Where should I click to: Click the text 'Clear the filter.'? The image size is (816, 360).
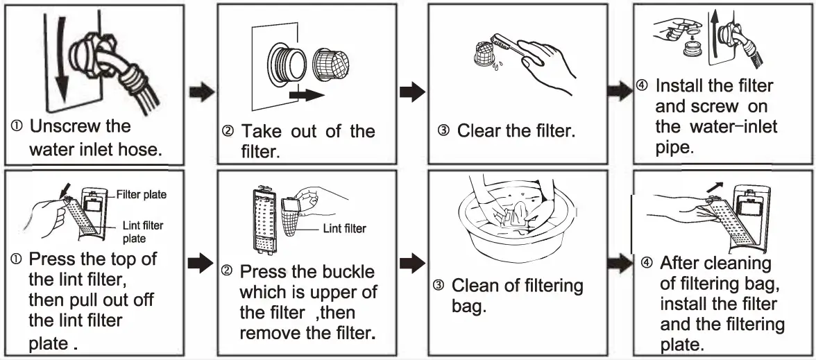pos(516,131)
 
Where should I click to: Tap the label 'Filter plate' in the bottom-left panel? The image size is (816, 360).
pos(142,195)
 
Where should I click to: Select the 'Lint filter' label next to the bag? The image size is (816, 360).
pos(345,228)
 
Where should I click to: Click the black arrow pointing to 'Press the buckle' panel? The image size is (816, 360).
pos(201,262)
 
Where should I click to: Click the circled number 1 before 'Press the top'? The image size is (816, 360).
pos(17,261)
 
